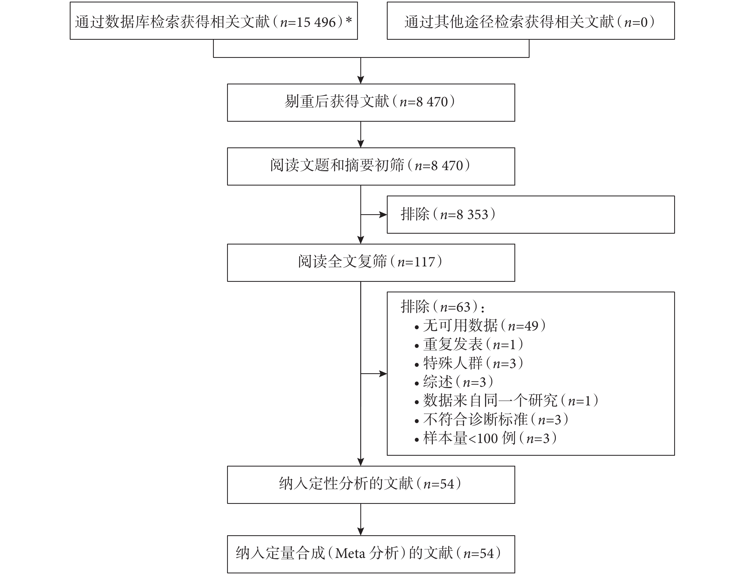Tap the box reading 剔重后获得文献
click(371, 103)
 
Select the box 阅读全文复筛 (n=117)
click(371, 262)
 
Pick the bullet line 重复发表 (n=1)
click(469, 344)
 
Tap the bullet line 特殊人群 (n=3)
click(469, 363)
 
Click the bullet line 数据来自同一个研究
click(507, 401)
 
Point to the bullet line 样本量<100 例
click(486, 438)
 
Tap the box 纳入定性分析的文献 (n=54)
click(371, 485)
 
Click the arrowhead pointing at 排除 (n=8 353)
click(383, 215)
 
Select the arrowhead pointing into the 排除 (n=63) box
click(383, 374)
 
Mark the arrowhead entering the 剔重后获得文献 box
click(361, 80)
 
